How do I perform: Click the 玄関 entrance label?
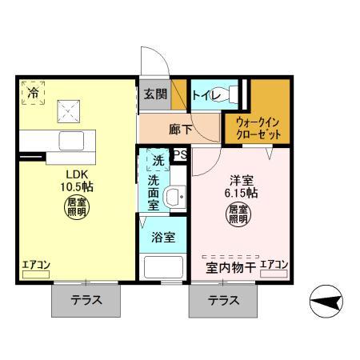pos(155,94)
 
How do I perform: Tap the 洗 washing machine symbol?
pos(158,161)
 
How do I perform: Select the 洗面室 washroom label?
pos(153,193)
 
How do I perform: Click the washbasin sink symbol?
pos(174,197)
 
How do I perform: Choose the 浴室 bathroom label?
pos(164,238)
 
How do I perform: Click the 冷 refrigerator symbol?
pos(33,94)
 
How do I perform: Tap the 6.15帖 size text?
pos(240,193)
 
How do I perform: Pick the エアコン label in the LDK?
pos(36,264)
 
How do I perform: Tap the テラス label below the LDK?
pos(86,302)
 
